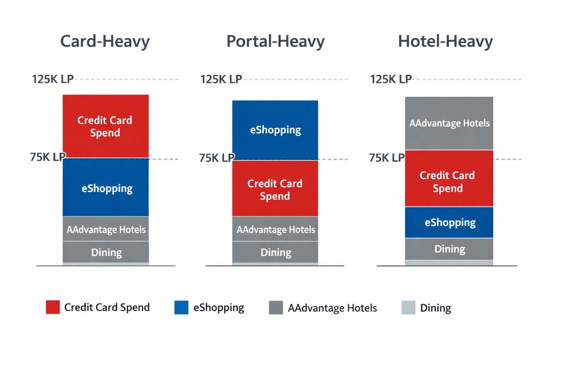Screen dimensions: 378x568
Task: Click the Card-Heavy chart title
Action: click(x=105, y=41)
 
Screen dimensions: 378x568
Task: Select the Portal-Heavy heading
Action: click(x=275, y=41)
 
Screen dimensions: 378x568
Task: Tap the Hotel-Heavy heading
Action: click(x=445, y=41)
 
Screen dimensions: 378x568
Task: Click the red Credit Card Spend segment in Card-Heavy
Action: click(x=105, y=126)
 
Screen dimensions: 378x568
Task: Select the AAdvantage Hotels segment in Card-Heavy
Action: click(x=105, y=229)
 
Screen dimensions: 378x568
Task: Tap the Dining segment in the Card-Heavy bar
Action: click(x=105, y=252)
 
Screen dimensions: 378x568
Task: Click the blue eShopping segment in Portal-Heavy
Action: click(x=275, y=130)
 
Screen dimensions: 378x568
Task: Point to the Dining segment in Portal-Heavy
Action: click(x=275, y=252)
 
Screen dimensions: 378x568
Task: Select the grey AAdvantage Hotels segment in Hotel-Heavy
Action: click(x=449, y=123)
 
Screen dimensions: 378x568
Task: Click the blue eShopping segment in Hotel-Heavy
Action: click(x=449, y=222)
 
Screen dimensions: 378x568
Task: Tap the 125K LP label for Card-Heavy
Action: click(x=53, y=79)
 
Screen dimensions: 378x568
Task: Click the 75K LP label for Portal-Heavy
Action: click(x=217, y=158)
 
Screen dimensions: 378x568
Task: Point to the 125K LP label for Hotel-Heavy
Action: click(x=391, y=79)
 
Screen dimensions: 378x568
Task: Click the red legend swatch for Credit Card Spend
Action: click(x=53, y=307)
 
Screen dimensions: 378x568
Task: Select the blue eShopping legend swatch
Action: click(x=181, y=307)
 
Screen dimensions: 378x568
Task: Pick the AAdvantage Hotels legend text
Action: click(x=332, y=308)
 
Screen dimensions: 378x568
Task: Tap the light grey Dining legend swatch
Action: click(x=408, y=307)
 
